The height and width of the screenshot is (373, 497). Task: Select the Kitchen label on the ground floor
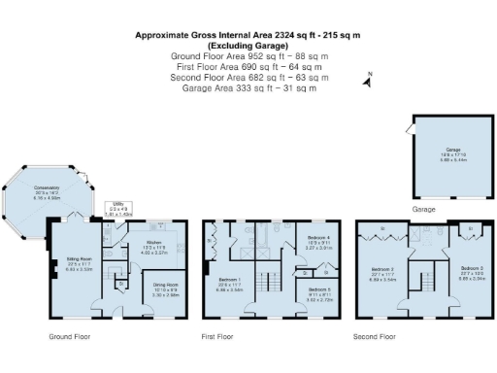(x=153, y=248)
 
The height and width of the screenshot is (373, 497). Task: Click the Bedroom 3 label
(x=470, y=271)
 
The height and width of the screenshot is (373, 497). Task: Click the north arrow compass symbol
(x=367, y=81)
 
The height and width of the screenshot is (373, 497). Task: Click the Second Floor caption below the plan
(x=374, y=337)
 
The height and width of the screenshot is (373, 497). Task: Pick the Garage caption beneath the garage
(x=423, y=209)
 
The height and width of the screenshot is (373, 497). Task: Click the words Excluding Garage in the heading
(x=248, y=45)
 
